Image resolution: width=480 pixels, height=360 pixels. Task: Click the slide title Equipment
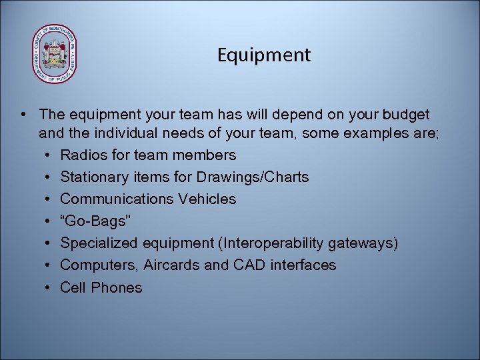(x=263, y=55)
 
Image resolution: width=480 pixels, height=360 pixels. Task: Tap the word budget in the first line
(x=403, y=115)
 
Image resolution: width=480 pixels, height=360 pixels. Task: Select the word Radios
(x=83, y=155)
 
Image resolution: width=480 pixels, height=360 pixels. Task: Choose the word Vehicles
(x=207, y=199)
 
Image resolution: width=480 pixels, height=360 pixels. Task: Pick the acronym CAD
(x=247, y=265)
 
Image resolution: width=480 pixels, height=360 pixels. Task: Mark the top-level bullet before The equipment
(x=23, y=115)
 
